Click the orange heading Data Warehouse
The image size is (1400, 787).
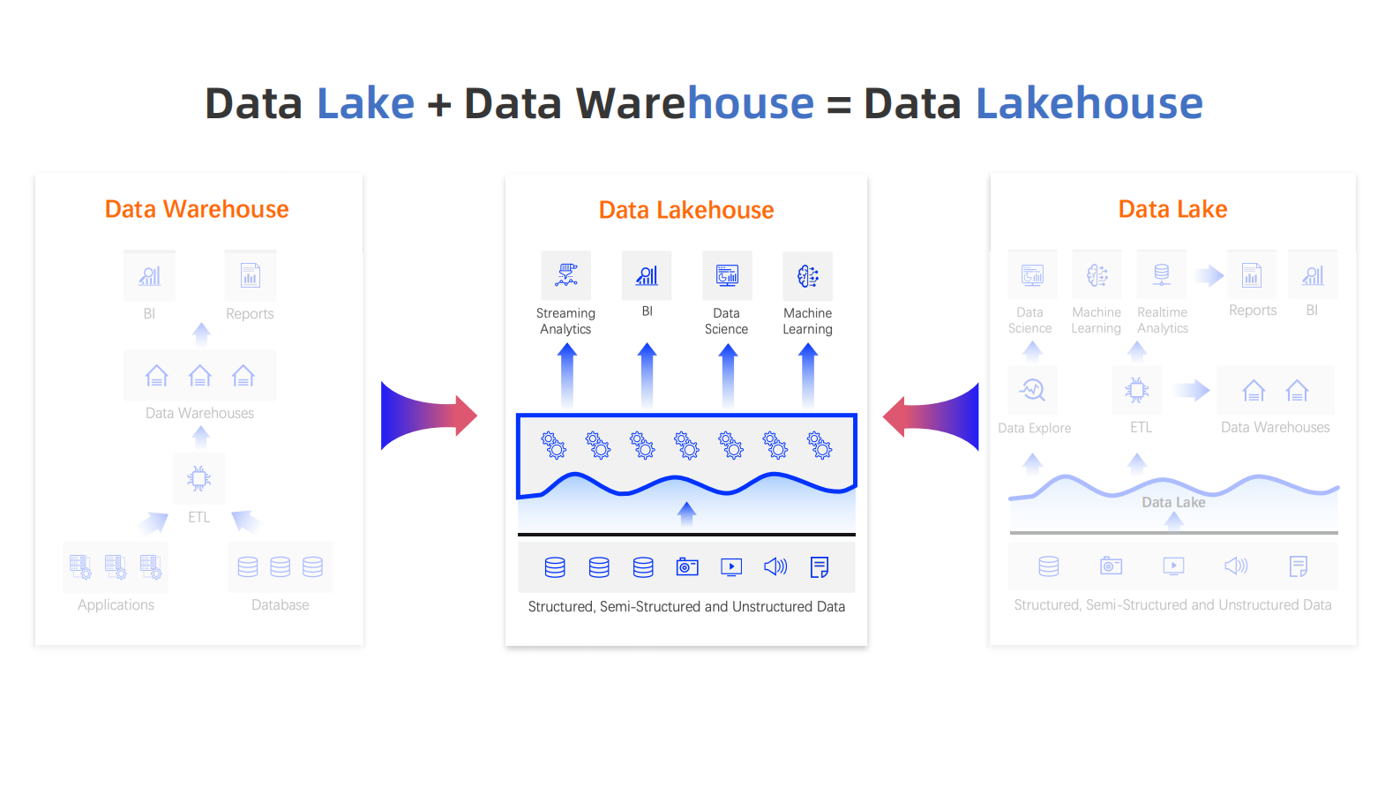196,209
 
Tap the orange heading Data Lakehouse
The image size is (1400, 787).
686,210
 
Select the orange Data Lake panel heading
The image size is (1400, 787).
1172,209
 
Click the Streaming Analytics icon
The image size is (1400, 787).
566,275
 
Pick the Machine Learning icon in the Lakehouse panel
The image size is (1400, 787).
807,275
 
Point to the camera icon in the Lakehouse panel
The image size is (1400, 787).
687,567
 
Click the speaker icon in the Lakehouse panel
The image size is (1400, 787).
775,566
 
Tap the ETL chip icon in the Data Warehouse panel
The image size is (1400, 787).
198,479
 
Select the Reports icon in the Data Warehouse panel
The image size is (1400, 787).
250,275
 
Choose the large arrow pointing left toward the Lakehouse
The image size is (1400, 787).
931,416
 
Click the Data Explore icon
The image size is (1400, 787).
1032,390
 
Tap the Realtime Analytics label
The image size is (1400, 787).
1163,320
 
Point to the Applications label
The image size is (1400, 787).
116,604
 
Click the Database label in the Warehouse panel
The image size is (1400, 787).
280,604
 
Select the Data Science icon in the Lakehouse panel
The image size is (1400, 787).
727,275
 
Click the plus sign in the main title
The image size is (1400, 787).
439,104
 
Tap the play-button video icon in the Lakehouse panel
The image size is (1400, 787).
731,567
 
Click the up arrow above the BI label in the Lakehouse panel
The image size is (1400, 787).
647,377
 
